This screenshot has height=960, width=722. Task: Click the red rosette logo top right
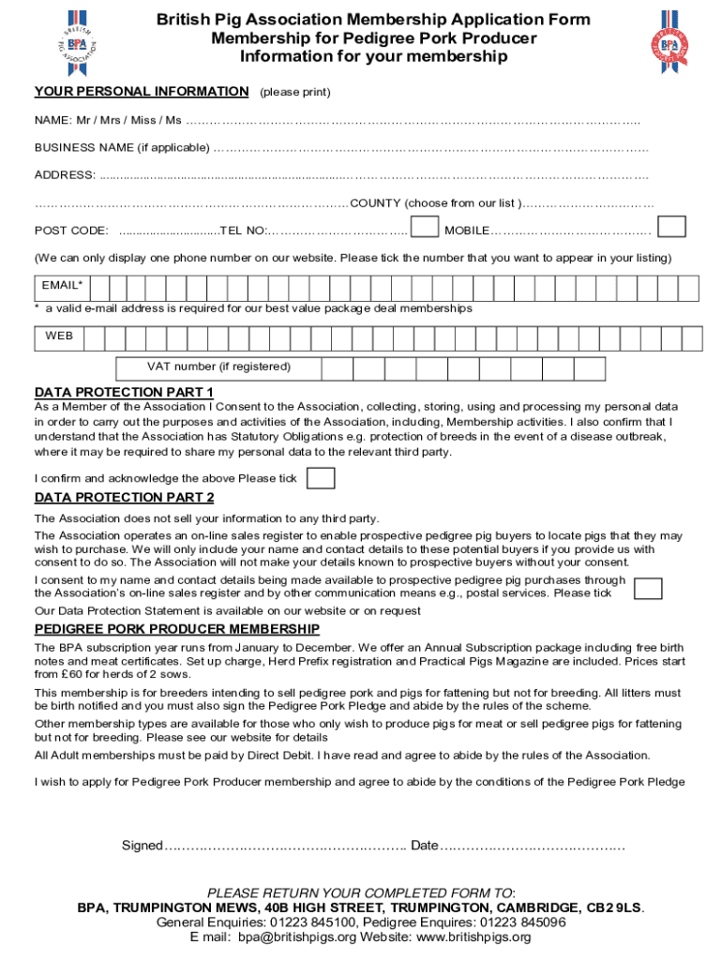[x=669, y=43]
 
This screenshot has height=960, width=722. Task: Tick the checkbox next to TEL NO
[x=425, y=228]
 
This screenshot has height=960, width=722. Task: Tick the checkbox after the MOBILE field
[x=671, y=228]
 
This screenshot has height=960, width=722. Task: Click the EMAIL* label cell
[x=62, y=286]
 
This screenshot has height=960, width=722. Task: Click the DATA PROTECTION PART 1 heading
[x=124, y=392]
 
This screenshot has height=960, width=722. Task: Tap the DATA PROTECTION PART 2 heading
[x=124, y=498]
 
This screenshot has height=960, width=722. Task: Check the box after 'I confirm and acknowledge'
[x=321, y=478]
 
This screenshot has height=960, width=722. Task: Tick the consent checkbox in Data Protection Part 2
[x=648, y=588]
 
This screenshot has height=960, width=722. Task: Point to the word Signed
[x=142, y=846]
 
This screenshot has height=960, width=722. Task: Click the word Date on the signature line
[x=424, y=846]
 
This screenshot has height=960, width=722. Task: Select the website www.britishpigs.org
[x=473, y=937]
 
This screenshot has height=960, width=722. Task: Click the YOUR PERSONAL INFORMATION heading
[x=142, y=92]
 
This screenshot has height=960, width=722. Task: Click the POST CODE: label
[x=71, y=231]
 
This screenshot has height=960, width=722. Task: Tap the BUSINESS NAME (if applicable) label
[x=122, y=148]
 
